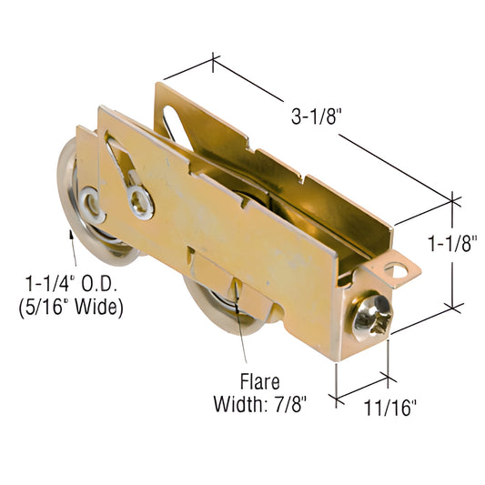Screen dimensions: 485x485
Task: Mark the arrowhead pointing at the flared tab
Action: click(237, 292)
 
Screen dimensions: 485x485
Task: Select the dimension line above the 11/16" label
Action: click(364, 385)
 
